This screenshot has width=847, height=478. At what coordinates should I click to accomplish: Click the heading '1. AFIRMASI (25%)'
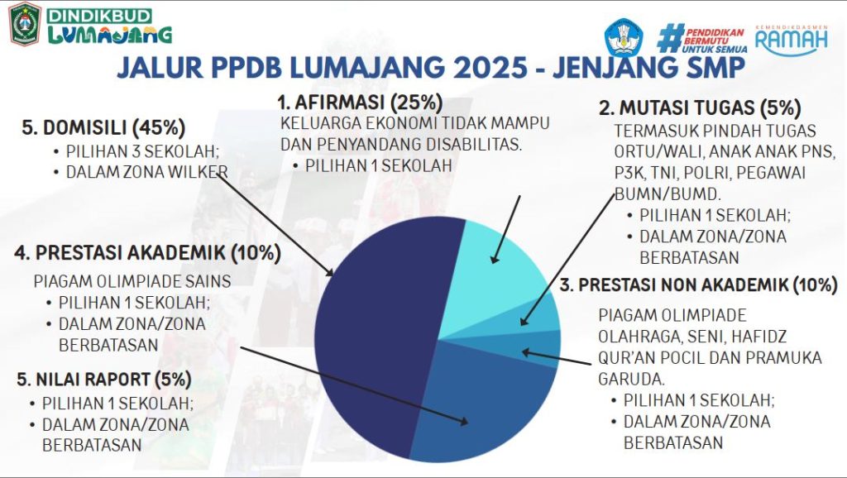(360, 102)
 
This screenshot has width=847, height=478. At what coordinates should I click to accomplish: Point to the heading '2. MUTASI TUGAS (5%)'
(700, 108)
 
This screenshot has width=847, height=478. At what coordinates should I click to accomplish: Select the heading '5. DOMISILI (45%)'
(103, 127)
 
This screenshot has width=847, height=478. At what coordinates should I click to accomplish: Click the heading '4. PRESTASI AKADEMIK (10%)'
(147, 253)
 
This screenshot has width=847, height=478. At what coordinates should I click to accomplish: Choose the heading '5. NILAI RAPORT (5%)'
(104, 379)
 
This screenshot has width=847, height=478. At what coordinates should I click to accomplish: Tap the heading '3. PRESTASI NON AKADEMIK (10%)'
(698, 284)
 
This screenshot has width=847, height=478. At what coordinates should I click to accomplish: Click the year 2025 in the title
(490, 68)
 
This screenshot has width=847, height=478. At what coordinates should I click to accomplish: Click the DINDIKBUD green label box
(99, 15)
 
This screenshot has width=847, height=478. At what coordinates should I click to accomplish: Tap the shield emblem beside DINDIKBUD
(25, 24)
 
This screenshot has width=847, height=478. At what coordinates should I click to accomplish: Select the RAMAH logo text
(792, 40)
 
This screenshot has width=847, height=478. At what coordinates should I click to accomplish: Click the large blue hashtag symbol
(670, 38)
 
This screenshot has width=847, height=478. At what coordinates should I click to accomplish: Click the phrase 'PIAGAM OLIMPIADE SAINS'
(132, 281)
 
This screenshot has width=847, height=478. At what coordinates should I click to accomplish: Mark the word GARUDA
(631, 379)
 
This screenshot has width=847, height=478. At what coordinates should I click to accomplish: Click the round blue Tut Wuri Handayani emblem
(624, 38)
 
